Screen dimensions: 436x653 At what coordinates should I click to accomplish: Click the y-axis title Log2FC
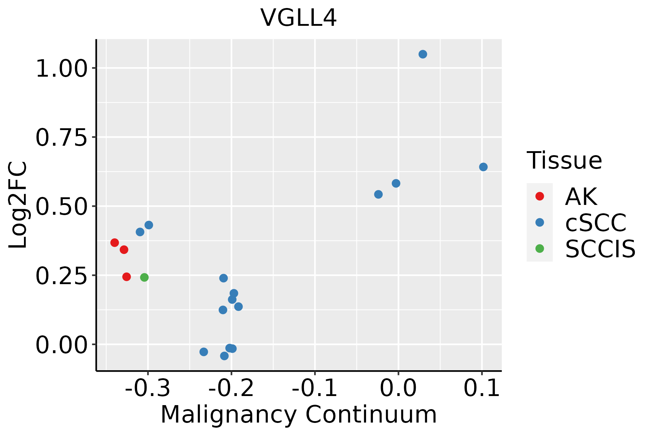(x=18, y=205)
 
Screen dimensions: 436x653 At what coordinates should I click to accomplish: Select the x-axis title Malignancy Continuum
(x=299, y=415)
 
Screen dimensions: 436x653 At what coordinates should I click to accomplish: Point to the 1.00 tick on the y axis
(x=62, y=68)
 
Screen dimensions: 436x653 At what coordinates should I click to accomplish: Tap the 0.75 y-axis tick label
(x=62, y=137)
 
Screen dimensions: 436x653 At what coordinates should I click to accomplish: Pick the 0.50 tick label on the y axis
(x=62, y=206)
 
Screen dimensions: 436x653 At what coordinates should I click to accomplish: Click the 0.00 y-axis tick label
(x=62, y=344)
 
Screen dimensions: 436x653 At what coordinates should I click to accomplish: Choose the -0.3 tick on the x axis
(x=148, y=388)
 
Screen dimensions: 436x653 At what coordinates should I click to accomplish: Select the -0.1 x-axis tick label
(x=315, y=388)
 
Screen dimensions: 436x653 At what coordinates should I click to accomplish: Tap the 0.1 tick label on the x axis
(x=482, y=388)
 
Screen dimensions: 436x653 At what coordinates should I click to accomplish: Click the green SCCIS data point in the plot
(x=144, y=278)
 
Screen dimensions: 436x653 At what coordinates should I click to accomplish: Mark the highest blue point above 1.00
(x=423, y=54)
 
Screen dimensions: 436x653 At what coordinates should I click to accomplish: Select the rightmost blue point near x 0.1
(x=483, y=167)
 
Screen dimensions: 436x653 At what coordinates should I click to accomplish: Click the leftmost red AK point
(x=115, y=243)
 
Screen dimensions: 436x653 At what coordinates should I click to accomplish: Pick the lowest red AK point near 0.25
(x=127, y=277)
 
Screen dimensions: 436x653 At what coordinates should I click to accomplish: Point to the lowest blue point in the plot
(x=224, y=356)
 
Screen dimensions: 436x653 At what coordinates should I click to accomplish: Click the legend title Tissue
(x=564, y=160)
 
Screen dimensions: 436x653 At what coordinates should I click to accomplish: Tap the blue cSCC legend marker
(x=540, y=222)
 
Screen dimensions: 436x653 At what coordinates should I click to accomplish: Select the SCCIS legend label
(x=600, y=249)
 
